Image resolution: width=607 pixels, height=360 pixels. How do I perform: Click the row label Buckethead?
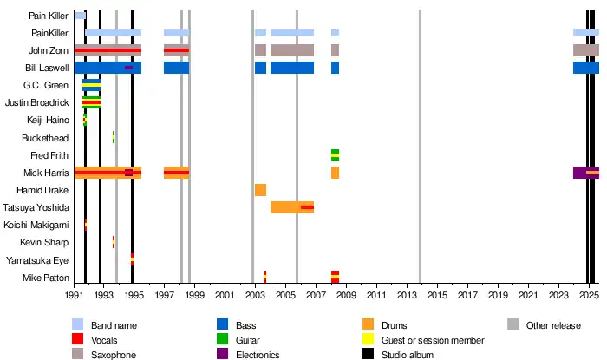pyautogui.click(x=47, y=137)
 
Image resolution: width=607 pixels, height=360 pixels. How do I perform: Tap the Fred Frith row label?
pyautogui.click(x=49, y=155)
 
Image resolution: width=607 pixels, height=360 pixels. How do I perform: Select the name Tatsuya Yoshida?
pyautogui.click(x=36, y=207)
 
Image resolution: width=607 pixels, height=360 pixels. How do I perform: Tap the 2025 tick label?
pyautogui.click(x=588, y=296)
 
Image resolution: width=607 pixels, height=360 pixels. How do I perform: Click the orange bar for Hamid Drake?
pyautogui.click(x=260, y=190)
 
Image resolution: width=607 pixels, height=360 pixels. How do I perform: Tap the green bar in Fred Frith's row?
pyautogui.click(x=335, y=155)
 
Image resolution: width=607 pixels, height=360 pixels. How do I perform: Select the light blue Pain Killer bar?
pyautogui.click(x=79, y=16)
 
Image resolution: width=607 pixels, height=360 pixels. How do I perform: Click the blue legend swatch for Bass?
pyautogui.click(x=223, y=325)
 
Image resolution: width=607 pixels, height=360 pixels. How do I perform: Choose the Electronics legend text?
pyautogui.click(x=264, y=355)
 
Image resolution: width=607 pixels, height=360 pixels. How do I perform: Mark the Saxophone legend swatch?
pyautogui.click(x=78, y=355)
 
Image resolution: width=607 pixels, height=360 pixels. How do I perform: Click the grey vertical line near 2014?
pyautogui.click(x=420, y=147)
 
